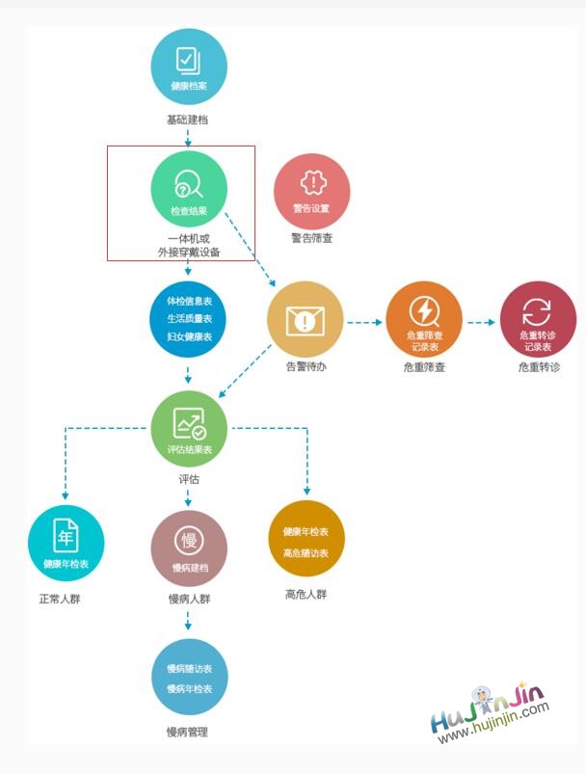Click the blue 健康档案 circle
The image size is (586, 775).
pos(189,67)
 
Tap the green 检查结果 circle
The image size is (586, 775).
pos(189,189)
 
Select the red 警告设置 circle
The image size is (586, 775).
pos(311,192)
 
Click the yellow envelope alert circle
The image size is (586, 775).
pos(306,320)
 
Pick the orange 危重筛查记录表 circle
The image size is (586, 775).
pos(424,320)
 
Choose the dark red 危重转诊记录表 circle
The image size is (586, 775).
pos(538,320)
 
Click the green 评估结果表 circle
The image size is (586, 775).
pos(189,429)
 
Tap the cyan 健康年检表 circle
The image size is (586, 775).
pos(67,544)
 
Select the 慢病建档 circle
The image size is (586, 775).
pos(189,548)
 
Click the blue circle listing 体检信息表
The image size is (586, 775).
pos(188,319)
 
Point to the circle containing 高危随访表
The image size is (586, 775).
pos(306,538)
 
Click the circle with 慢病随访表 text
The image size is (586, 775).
pos(190,677)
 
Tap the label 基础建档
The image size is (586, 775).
pos(187,120)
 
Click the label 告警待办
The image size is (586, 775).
pos(306,366)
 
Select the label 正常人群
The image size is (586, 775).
pos(60,599)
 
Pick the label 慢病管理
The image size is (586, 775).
pos(187,732)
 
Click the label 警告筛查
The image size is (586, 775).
pos(311,238)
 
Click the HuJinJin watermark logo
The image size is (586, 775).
pos(491,712)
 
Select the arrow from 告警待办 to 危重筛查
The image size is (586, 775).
pos(364,322)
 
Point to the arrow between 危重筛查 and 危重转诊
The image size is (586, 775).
pos(481,322)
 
